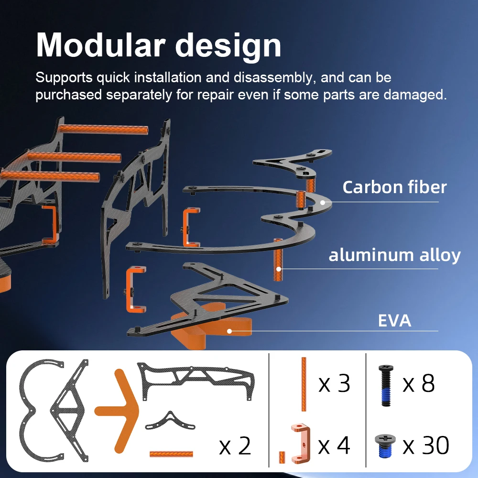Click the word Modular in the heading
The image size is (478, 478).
(x=100, y=45)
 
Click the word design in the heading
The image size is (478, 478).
(x=228, y=46)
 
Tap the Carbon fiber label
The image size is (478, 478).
(x=394, y=187)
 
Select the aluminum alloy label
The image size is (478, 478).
(x=394, y=255)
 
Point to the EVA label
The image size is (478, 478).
(x=394, y=321)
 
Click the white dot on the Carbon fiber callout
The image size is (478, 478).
(x=323, y=202)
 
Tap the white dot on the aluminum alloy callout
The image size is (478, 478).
(x=279, y=269)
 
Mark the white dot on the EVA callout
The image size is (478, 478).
(x=229, y=331)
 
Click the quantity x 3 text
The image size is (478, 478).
(x=334, y=384)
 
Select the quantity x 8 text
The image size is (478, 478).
(x=418, y=383)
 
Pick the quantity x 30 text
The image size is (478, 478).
(x=425, y=445)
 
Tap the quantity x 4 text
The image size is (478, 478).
(x=334, y=445)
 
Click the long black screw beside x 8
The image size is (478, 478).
(x=386, y=386)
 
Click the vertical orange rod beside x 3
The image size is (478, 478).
(x=304, y=384)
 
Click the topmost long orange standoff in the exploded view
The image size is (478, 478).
(x=103, y=130)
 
